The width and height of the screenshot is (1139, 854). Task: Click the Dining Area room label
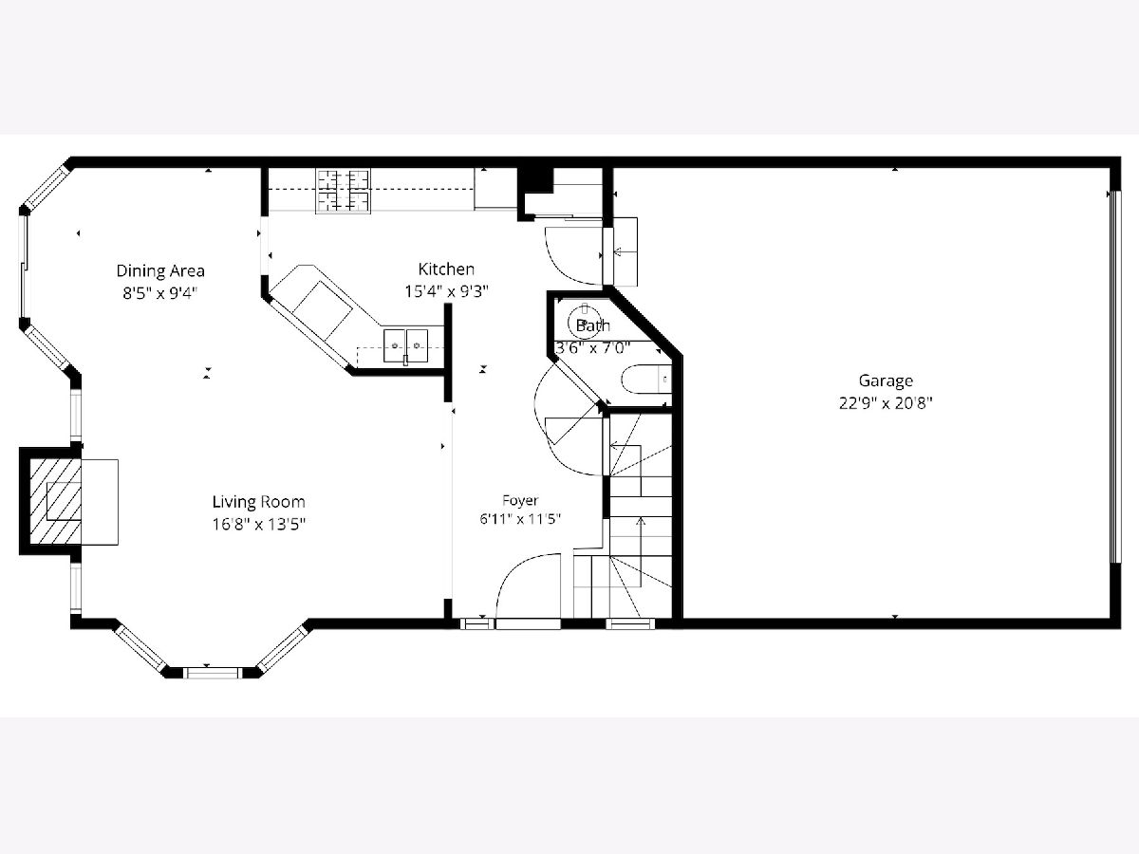(160, 270)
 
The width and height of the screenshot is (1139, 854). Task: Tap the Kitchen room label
(446, 269)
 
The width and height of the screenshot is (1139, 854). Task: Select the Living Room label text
(258, 501)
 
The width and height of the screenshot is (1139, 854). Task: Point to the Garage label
(886, 381)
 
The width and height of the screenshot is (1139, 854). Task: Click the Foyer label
(520, 500)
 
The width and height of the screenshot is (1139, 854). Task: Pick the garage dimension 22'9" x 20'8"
(886, 403)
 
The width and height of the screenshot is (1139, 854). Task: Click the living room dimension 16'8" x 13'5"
(258, 524)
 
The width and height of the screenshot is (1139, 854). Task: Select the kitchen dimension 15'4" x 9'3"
(446, 291)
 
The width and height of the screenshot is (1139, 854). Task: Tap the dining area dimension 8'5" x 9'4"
(160, 293)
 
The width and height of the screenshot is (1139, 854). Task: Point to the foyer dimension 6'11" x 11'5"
(520, 518)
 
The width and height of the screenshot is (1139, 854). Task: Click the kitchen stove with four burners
(343, 191)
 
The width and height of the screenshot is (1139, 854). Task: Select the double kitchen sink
(406, 345)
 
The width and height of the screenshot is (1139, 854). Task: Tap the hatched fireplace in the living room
(55, 501)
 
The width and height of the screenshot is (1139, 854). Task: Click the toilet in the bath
(646, 379)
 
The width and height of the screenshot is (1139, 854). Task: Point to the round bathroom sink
(585, 323)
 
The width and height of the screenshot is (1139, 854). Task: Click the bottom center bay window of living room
(213, 673)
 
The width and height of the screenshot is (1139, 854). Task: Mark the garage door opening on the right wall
(1115, 377)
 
